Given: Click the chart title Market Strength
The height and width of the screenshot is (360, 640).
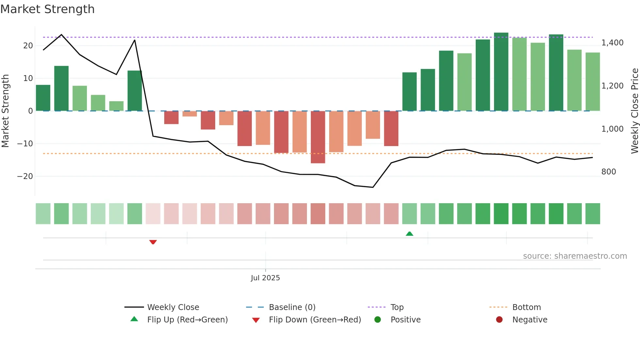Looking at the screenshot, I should click(47, 9).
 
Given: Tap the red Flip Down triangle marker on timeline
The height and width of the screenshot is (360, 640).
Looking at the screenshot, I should click(153, 242).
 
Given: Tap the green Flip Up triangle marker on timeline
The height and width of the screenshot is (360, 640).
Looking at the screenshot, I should click(409, 234).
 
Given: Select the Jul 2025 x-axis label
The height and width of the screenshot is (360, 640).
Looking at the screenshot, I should click(265, 278).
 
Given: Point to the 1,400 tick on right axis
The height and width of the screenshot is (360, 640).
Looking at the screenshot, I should click(612, 43).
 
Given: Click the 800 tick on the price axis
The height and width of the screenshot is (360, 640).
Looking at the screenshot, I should click(608, 172).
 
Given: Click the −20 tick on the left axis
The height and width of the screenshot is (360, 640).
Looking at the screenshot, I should click(25, 176).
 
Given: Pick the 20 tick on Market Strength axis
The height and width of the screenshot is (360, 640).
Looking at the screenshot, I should click(28, 46).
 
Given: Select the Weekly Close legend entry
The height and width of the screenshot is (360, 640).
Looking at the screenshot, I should click(173, 307).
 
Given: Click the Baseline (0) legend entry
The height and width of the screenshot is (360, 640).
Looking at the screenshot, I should click(292, 307).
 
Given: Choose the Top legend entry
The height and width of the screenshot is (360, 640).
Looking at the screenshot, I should click(397, 307).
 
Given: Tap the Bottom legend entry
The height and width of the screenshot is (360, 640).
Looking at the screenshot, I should click(526, 307).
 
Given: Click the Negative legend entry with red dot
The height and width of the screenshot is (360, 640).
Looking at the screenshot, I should click(529, 320).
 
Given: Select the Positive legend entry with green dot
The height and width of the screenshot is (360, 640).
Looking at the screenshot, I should click(405, 320).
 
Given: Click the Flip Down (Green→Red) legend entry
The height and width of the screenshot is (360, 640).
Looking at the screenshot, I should click(314, 320).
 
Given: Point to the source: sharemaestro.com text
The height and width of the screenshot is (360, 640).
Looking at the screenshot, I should click(575, 256).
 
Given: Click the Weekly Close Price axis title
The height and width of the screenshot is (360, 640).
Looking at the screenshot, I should click(634, 111).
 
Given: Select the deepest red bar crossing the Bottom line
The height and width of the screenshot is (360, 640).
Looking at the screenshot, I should click(318, 137).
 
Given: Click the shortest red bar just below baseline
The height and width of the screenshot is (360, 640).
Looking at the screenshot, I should click(190, 114).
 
